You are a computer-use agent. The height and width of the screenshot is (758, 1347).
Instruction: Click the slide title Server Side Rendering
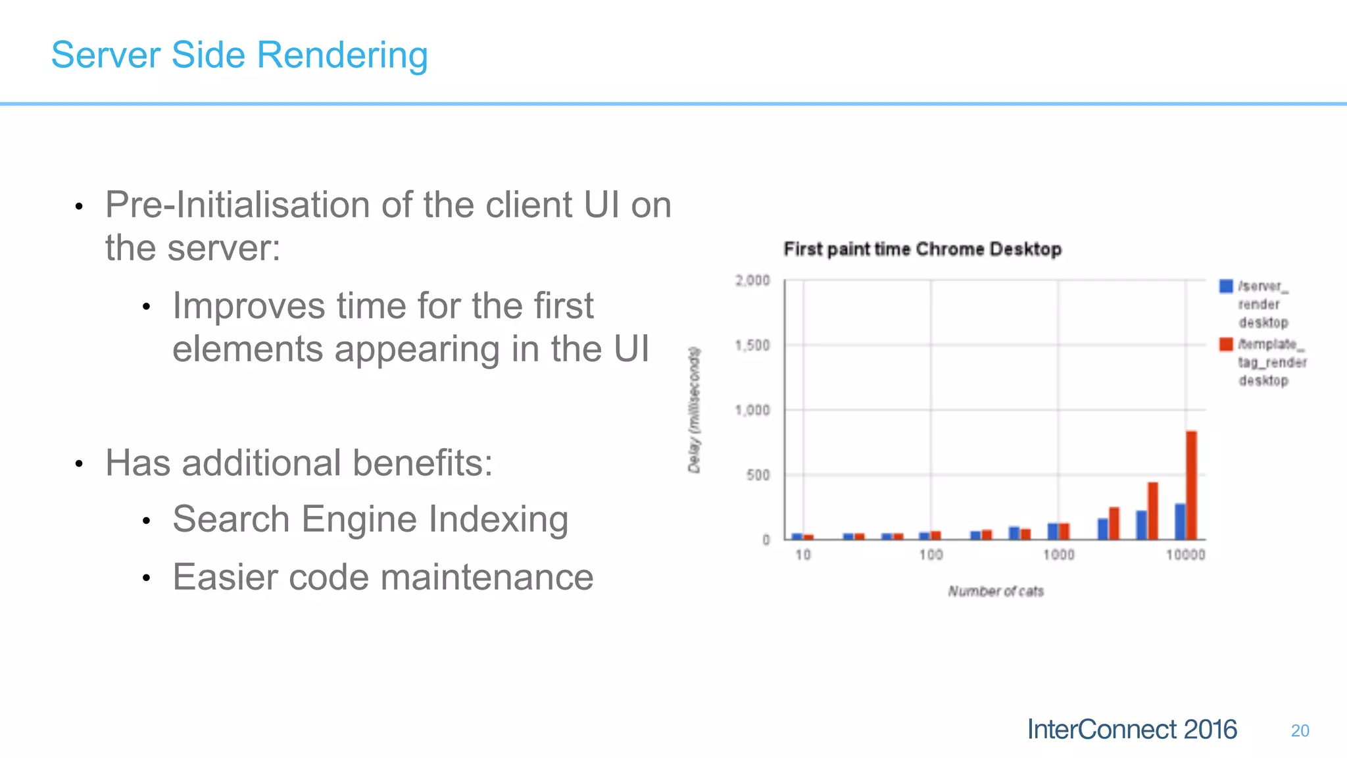239,55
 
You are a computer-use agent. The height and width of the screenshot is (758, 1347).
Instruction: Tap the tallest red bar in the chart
1191,485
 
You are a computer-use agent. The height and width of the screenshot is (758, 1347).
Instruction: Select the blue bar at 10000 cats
1180,521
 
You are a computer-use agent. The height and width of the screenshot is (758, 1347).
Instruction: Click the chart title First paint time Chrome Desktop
922,249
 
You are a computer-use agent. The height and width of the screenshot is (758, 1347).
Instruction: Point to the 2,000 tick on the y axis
752,281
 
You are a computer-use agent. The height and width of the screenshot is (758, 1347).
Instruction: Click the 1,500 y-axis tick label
752,345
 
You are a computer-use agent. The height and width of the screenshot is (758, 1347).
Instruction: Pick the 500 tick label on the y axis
758,475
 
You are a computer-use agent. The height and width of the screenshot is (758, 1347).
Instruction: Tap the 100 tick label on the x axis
931,555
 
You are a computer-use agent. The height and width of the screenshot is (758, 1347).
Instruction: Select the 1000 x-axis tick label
1058,555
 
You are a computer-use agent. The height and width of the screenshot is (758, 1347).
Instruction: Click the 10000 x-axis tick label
1185,555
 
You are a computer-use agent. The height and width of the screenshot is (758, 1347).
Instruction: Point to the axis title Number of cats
995,592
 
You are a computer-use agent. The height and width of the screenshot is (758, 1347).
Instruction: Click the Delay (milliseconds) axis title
695,410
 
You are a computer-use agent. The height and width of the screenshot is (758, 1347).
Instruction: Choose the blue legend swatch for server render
1226,286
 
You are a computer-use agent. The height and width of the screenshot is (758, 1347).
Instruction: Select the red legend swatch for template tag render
1226,344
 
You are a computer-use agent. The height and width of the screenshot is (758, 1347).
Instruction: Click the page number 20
1300,731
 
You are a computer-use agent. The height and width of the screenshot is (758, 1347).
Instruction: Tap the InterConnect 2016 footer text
1131,730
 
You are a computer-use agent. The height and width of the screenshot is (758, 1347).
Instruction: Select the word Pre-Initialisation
237,205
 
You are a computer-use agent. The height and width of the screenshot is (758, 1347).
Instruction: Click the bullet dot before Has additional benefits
79,464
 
